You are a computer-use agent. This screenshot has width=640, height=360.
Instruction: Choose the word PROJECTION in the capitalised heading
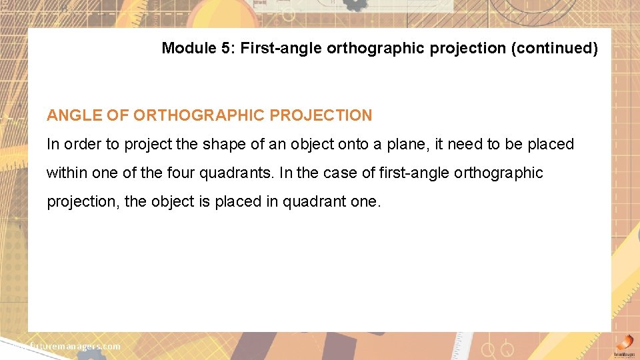click(321, 115)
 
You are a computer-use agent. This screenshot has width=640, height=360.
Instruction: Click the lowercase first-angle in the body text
click(411, 173)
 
